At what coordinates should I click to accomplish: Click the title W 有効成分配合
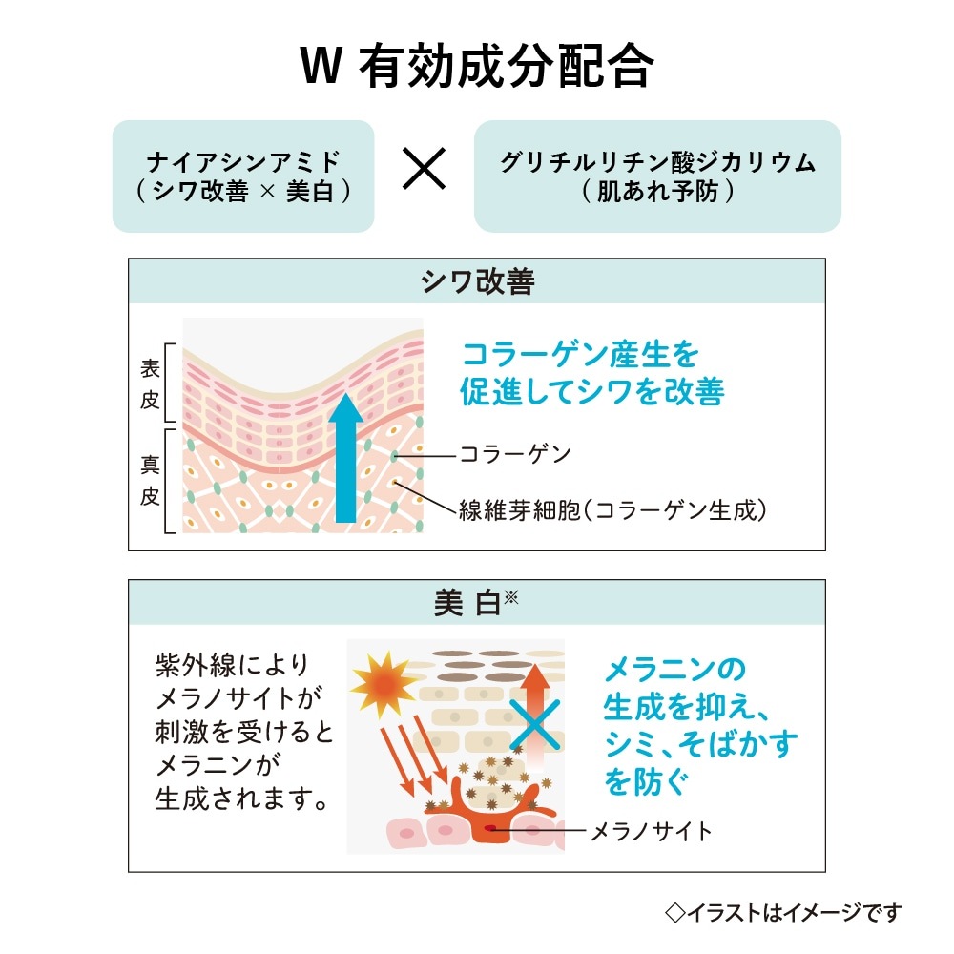477,66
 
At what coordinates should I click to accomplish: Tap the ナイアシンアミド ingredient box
243,176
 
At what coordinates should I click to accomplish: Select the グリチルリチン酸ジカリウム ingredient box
657,176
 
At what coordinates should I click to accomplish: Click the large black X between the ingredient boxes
425,169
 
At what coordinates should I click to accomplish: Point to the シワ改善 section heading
478,281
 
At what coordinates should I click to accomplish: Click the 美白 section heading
467,603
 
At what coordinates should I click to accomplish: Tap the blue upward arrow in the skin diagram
345,458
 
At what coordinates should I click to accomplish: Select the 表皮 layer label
150,384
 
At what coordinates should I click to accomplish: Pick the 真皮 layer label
150,481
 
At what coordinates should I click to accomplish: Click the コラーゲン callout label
516,454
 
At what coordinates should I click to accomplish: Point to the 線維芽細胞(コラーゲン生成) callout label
612,509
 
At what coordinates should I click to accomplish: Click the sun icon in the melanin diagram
384,684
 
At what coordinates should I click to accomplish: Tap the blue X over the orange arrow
535,725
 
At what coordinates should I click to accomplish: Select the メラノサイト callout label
652,831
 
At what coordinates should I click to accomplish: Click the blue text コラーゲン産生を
580,355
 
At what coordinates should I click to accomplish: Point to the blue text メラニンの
675,670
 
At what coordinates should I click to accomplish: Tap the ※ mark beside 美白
511,597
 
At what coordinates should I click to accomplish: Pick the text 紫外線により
233,665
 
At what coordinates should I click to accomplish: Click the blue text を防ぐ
646,782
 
